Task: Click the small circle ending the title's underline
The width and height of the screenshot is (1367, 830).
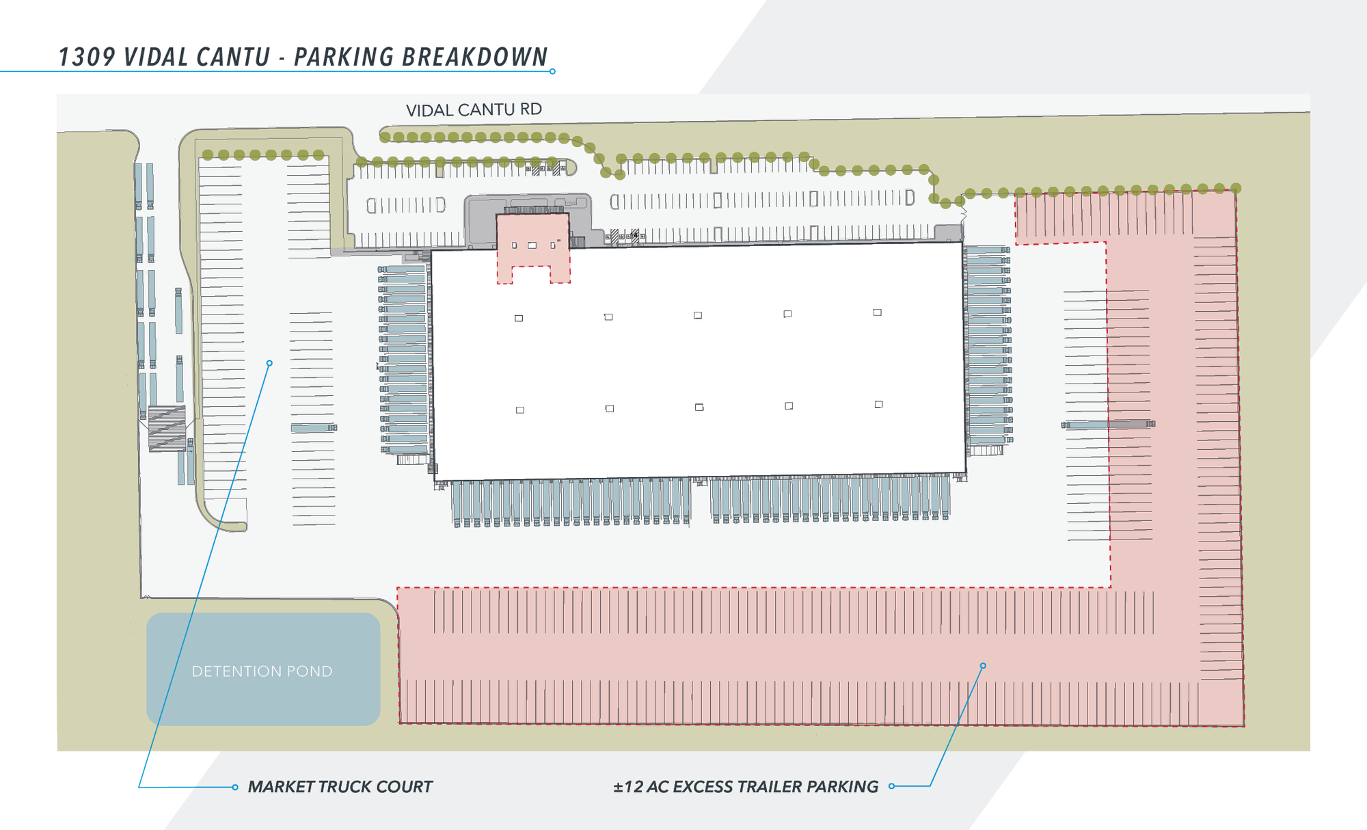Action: pos(552,71)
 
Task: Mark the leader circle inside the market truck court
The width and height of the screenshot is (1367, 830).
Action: pos(269,363)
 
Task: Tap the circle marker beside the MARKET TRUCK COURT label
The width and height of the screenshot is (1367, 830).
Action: pos(235,787)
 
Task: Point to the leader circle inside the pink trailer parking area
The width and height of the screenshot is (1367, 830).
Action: pos(983,665)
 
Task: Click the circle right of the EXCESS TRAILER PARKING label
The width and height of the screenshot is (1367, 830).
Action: pos(891,786)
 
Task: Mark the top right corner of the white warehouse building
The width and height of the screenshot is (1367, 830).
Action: pos(962,242)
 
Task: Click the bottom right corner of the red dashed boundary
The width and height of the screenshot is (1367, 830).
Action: pos(1244,725)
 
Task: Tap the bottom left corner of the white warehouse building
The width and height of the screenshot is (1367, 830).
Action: pos(434,481)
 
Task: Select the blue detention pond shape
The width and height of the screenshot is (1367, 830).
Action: pos(263,669)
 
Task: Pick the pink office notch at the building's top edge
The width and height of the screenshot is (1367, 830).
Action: pos(533,247)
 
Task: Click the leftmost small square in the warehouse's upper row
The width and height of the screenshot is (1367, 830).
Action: pos(519,318)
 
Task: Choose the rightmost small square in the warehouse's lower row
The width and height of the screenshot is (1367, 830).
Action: pos(878,404)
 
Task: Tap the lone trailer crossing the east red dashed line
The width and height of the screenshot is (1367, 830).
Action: pos(1108,425)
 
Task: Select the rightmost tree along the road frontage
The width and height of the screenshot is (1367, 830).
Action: pos(1236,187)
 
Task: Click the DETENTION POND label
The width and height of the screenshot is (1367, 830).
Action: pos(262,671)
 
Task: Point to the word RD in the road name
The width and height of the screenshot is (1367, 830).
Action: pos(531,109)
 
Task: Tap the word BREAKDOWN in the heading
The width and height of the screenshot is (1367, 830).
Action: pos(475,57)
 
